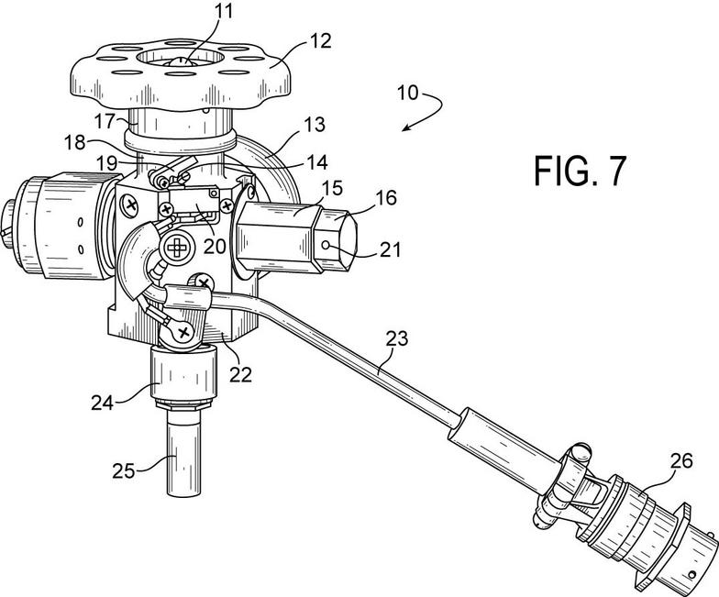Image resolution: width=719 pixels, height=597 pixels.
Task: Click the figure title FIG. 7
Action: (580, 171)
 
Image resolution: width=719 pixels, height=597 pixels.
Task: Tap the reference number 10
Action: (408, 94)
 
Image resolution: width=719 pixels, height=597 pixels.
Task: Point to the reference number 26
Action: (681, 460)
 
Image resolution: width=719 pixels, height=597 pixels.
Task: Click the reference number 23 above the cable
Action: (397, 339)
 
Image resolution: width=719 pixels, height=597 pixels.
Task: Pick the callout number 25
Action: (124, 471)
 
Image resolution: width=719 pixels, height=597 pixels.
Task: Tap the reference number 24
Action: (103, 404)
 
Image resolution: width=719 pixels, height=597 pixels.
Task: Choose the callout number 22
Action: (240, 374)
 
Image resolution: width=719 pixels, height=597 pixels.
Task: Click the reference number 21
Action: (390, 249)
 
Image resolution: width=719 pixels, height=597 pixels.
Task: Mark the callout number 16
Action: (386, 198)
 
